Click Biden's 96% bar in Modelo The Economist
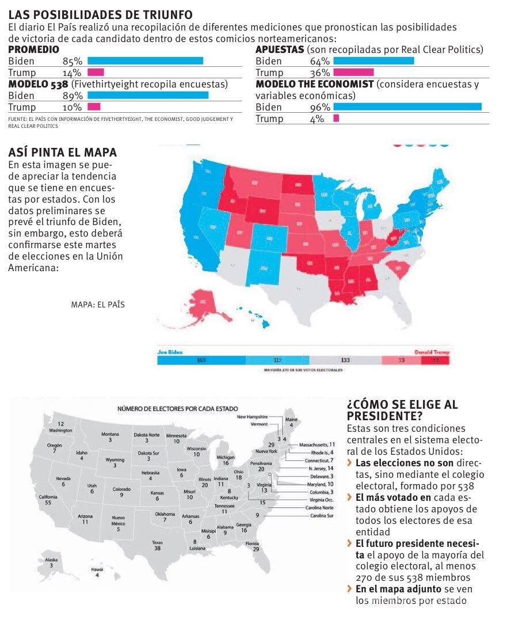[407, 106]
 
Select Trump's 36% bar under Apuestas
[353, 72]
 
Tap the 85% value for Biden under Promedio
[73, 61]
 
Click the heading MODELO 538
[39, 84]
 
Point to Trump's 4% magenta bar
[336, 118]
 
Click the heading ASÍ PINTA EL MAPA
[62, 153]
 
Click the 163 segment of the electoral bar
[201, 360]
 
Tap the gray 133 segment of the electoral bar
[345, 360]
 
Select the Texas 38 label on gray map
[157, 545]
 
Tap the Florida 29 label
[251, 546]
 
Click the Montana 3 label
[110, 437]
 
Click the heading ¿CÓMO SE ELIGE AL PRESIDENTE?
[402, 410]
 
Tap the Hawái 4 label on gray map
[97, 572]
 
